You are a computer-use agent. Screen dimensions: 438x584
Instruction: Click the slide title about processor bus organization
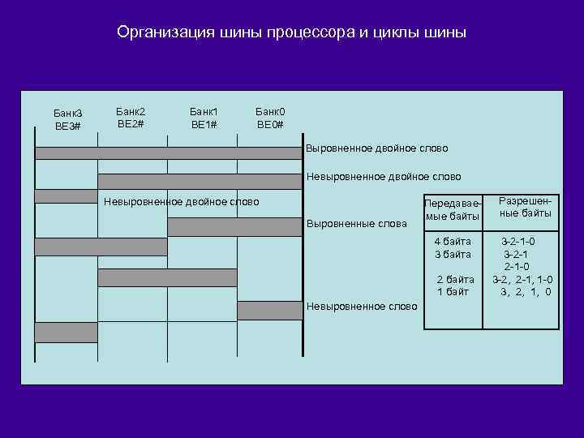pyautogui.click(x=291, y=33)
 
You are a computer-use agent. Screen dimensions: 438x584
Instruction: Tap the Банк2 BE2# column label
pyautogui.click(x=131, y=117)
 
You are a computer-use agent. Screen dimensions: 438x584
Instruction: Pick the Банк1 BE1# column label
pyautogui.click(x=204, y=117)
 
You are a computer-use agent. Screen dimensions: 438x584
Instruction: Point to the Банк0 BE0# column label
pyautogui.click(x=270, y=117)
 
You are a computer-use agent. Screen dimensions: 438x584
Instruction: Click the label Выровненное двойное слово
pyautogui.click(x=376, y=149)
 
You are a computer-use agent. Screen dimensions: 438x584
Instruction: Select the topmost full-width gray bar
pyautogui.click(x=167, y=152)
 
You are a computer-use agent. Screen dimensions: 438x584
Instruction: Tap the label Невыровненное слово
pyautogui.click(x=361, y=307)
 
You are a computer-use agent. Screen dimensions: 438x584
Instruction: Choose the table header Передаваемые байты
pyautogui.click(x=453, y=209)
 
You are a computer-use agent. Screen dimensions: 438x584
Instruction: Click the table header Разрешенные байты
pyautogui.click(x=525, y=207)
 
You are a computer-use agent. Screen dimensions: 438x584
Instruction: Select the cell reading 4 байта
pyautogui.click(x=453, y=242)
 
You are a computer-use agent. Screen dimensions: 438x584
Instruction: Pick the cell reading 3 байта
pyautogui.click(x=453, y=254)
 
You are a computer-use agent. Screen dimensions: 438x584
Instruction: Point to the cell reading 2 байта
pyautogui.click(x=454, y=279)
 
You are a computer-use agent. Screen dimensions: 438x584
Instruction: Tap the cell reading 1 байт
pyautogui.click(x=453, y=291)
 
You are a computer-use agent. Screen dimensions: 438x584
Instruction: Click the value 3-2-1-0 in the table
pyautogui.click(x=518, y=242)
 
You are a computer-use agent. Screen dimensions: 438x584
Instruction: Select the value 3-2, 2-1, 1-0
pyautogui.click(x=523, y=279)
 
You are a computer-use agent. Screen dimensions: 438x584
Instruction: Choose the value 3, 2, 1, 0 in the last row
pyautogui.click(x=526, y=292)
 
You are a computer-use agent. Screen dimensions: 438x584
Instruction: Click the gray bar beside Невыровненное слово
pyautogui.click(x=269, y=310)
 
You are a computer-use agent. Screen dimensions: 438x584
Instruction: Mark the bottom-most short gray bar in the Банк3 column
pyautogui.click(x=66, y=333)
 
